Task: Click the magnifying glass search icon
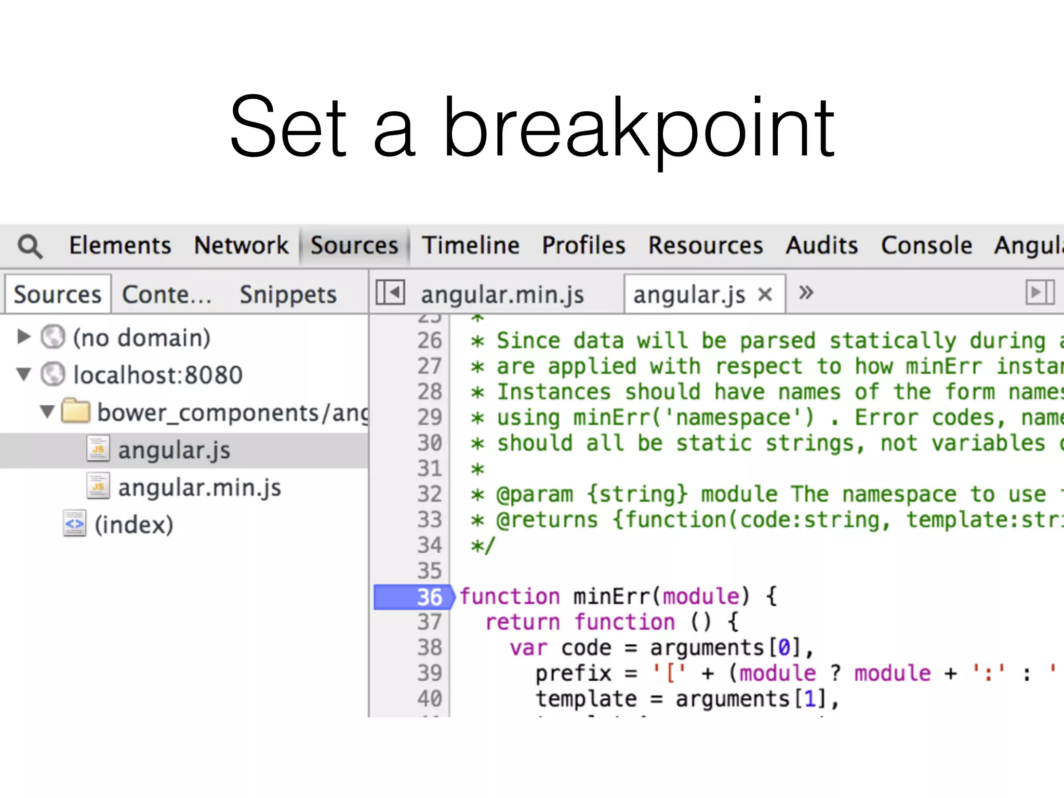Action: [x=30, y=246]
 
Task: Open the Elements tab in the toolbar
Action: [x=120, y=245]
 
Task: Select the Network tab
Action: [x=241, y=245]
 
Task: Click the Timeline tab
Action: [x=470, y=245]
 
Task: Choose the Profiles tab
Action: [x=583, y=245]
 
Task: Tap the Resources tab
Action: [x=706, y=245]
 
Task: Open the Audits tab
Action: [x=821, y=245]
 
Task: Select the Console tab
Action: [x=926, y=245]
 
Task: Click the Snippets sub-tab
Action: [x=288, y=295]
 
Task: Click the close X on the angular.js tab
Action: [x=765, y=295]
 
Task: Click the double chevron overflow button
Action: [x=806, y=292]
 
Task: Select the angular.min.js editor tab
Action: [x=502, y=295]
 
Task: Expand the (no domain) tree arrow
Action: [x=23, y=337]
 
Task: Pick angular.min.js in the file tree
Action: [x=199, y=488]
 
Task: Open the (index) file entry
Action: [x=134, y=525]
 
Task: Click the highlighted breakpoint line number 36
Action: [x=429, y=597]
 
